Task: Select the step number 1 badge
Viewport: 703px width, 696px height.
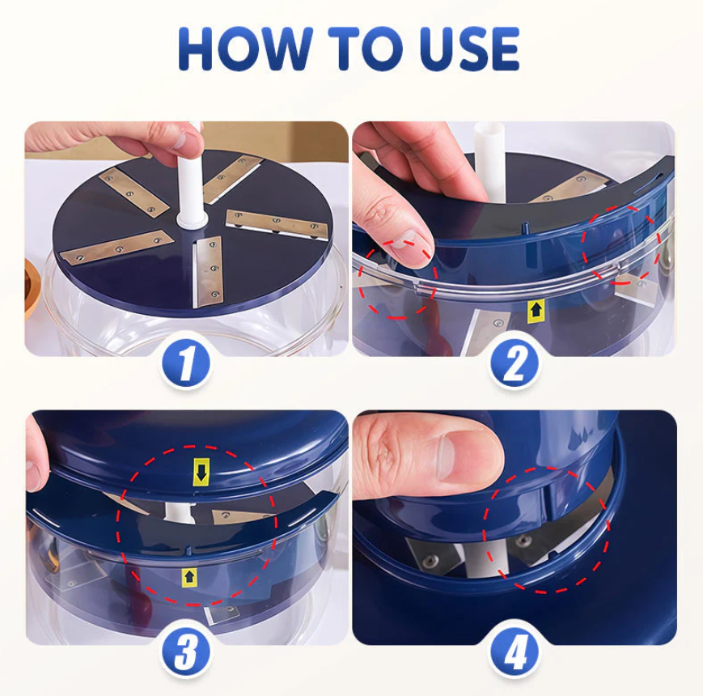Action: [x=186, y=363]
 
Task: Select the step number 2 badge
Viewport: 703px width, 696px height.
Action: [x=514, y=363]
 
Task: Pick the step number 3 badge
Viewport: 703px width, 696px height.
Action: [x=186, y=652]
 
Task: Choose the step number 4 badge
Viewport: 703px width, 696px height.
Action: [x=514, y=652]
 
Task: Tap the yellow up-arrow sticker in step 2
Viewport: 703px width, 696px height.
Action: [x=535, y=310]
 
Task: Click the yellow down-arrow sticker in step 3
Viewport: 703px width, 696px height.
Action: [x=201, y=472]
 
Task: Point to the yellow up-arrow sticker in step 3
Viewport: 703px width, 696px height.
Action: [x=189, y=577]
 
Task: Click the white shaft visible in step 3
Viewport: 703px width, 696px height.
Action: [x=180, y=511]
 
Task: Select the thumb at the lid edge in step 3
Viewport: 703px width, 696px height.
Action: [x=36, y=453]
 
